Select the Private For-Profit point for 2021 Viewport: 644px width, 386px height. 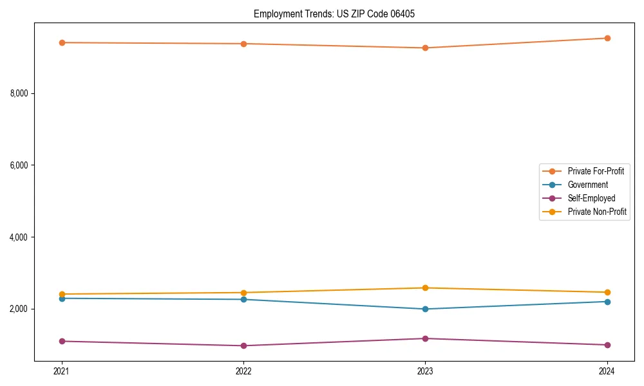click(62, 42)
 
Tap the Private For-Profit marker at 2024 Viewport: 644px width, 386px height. click(607, 38)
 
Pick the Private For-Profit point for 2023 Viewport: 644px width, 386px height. click(425, 48)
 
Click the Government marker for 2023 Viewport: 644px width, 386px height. click(425, 309)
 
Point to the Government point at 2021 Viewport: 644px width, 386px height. click(62, 299)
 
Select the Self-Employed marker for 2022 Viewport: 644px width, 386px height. click(243, 345)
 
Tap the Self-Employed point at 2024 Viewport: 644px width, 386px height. click(607, 345)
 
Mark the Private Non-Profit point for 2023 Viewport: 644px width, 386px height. click(425, 288)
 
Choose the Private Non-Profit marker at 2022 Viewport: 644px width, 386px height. click(243, 293)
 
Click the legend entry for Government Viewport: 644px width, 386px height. click(587, 185)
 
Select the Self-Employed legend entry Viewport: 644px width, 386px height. click(591, 198)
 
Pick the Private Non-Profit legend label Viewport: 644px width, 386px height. click(597, 212)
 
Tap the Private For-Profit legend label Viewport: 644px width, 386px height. click(596, 171)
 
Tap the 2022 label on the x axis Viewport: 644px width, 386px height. click(243, 371)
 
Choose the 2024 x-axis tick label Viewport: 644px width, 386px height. click(607, 371)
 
